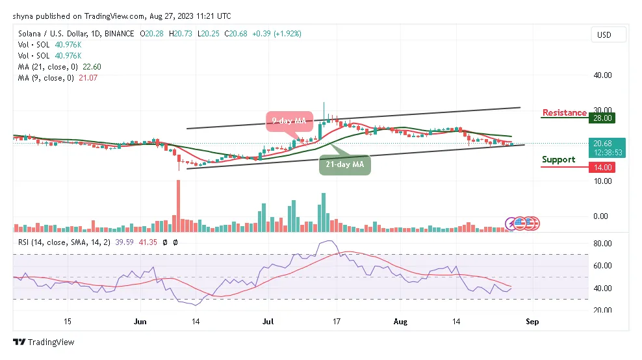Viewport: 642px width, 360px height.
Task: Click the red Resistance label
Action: tap(564, 113)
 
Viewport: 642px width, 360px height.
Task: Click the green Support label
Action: tap(558, 160)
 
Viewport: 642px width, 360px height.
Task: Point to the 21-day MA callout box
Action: tap(346, 165)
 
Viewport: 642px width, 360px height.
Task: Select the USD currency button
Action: tap(604, 34)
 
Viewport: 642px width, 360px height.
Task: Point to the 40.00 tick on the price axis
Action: tap(603, 75)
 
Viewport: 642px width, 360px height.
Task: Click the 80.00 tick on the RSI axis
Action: tap(603, 244)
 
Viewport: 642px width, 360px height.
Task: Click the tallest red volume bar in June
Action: tap(177, 205)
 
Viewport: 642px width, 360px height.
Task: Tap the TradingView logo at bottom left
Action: tap(44, 342)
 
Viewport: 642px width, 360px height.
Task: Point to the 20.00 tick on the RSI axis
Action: tap(603, 310)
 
